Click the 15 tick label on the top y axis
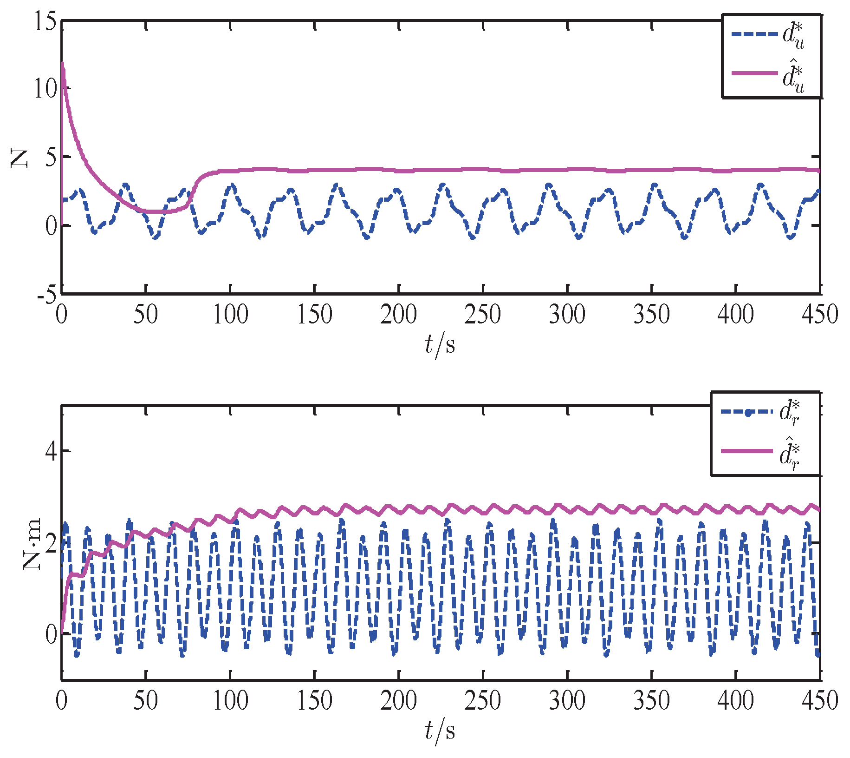click(45, 21)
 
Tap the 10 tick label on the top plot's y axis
click(45, 88)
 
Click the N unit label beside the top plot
click(20, 158)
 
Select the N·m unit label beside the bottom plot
click(32, 544)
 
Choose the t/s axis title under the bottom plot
click(440, 731)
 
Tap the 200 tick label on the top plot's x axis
click(398, 315)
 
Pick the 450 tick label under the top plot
click(820, 315)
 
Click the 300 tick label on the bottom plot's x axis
click(567, 701)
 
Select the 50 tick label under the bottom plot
click(145, 701)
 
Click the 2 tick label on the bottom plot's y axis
click(52, 542)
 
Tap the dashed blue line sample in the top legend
click(754, 34)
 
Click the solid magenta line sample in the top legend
click(754, 73)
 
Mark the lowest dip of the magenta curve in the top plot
click(156, 211)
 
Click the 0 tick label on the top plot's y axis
click(51, 226)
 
